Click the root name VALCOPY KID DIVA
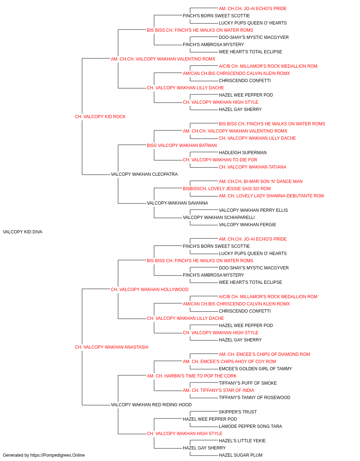[x=22, y=232]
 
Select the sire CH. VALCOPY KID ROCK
[x=100, y=117]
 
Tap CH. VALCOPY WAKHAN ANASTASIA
[x=112, y=347]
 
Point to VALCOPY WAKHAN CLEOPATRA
[x=144, y=174]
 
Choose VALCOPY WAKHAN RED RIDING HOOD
[x=151, y=405]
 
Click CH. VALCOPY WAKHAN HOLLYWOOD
[x=150, y=290]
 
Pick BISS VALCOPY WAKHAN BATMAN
[x=182, y=146]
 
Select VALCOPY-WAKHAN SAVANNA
[x=177, y=203]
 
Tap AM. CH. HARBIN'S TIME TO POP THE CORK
[x=192, y=376]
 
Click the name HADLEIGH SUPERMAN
[x=243, y=153]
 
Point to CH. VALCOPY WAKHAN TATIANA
[x=252, y=167]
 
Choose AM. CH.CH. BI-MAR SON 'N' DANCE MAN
[x=261, y=182]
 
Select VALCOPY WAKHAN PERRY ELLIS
[x=253, y=210]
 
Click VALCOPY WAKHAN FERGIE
[x=247, y=225]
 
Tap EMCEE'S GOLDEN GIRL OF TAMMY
[x=256, y=369]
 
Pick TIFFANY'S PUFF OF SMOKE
[x=248, y=383]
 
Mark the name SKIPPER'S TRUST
[x=238, y=412]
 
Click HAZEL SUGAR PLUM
[x=240, y=455]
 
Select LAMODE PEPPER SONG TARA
[x=251, y=426]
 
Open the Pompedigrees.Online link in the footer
[x=57, y=455]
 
